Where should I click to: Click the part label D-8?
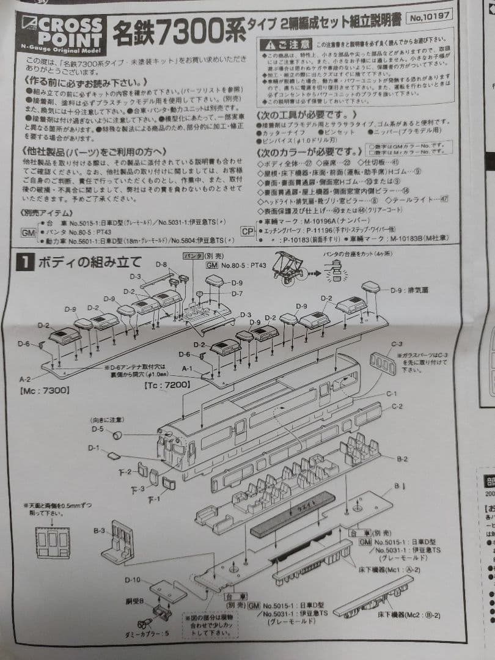pyautogui.click(x=161, y=265)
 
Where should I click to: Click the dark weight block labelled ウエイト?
pyautogui.click(x=293, y=513)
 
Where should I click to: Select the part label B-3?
pyautogui.click(x=99, y=532)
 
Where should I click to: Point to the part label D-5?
pyautogui.click(x=98, y=429)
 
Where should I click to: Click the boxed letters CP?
pyautogui.click(x=248, y=231)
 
